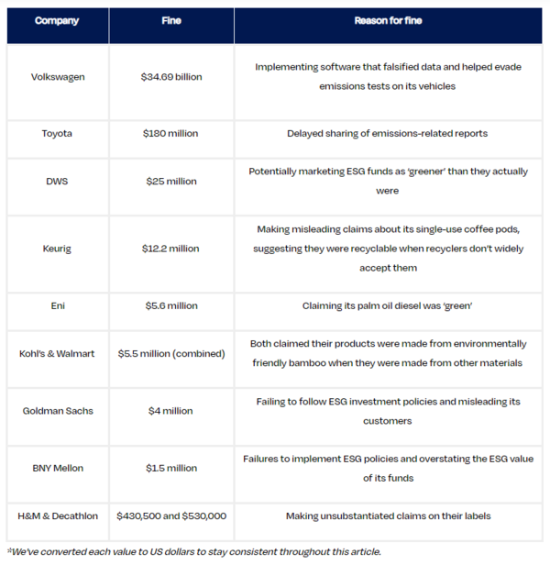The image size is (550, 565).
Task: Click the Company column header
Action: coord(57,20)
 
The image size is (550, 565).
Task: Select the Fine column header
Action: coord(170,20)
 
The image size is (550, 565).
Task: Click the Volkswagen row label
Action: coord(57,77)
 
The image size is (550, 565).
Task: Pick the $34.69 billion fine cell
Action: coord(170,77)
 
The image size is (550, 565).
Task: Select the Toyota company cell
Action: coord(57,134)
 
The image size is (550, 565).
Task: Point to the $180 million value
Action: coord(170,134)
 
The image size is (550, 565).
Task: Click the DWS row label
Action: coord(57,182)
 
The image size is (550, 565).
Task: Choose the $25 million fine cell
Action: coord(170,182)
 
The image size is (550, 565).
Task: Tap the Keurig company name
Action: coord(57,249)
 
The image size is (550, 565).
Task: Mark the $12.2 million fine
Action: coord(170,249)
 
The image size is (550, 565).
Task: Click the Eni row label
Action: coord(57,306)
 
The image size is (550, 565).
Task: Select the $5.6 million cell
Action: coord(170,306)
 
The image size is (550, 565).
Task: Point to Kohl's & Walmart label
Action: coord(57,353)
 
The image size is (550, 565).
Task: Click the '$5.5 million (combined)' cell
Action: coord(170,353)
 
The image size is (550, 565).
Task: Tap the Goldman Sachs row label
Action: coord(57,411)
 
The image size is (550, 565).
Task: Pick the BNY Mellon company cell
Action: coord(57,468)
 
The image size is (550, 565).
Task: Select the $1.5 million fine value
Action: coord(170,468)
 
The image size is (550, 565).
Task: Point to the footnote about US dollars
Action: coord(193,552)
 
